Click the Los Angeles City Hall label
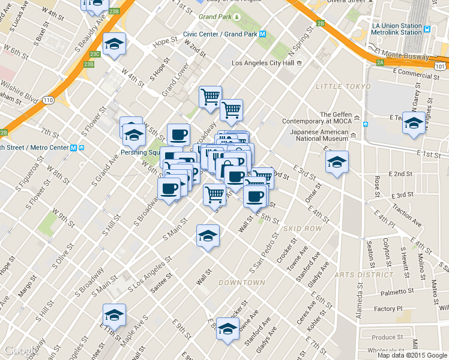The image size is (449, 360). [x=262, y=63]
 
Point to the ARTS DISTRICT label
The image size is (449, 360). [x=364, y=274]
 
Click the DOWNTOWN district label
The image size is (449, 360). [x=242, y=282]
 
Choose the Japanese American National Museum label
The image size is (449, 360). [x=319, y=135]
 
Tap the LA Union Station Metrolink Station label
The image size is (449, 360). [x=397, y=29]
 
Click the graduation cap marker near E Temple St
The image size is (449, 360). [x=413, y=123]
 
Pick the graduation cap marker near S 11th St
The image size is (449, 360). [x=113, y=314]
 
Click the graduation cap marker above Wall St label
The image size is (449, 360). [x=208, y=235]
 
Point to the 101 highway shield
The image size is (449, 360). [x=440, y=66]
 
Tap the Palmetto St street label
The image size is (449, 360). [x=393, y=293]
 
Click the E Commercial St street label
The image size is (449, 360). [x=414, y=74]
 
